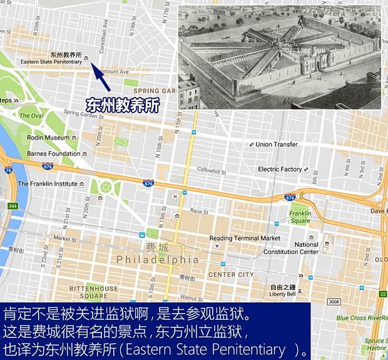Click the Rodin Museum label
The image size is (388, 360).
(x=48, y=138)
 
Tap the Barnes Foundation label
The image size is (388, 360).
(x=53, y=153)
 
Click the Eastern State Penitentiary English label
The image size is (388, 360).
(x=51, y=62)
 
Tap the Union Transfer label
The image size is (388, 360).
(x=277, y=145)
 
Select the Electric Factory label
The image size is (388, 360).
(x=280, y=169)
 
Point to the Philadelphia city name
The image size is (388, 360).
(x=157, y=259)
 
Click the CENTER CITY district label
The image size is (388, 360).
(x=231, y=274)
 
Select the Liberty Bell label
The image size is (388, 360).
(x=282, y=294)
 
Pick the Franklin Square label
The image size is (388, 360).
(x=300, y=217)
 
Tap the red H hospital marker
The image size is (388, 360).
(x=176, y=196)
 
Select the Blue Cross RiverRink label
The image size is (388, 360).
(x=362, y=318)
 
